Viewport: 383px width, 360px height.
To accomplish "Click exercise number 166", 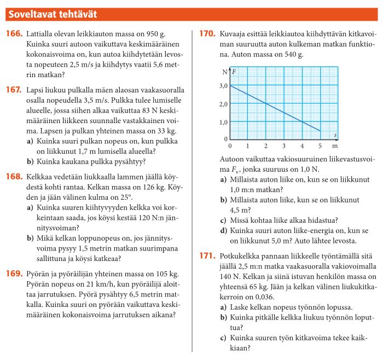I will tap(14, 34).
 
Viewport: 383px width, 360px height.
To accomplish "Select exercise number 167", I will tap(14, 90).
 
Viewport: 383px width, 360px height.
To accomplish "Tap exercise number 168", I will tap(14, 177).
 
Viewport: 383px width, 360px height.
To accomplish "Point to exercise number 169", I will tap(14, 274).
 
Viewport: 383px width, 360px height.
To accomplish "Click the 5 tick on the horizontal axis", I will tap(320, 147).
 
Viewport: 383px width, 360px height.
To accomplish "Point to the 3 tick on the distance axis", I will tap(284, 147).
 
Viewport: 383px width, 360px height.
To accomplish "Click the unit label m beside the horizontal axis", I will tap(335, 147).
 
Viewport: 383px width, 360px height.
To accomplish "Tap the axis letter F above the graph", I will tap(234, 72).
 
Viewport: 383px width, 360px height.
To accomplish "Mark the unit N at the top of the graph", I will tap(225, 72).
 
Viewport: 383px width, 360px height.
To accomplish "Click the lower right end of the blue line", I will tap(320, 131).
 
